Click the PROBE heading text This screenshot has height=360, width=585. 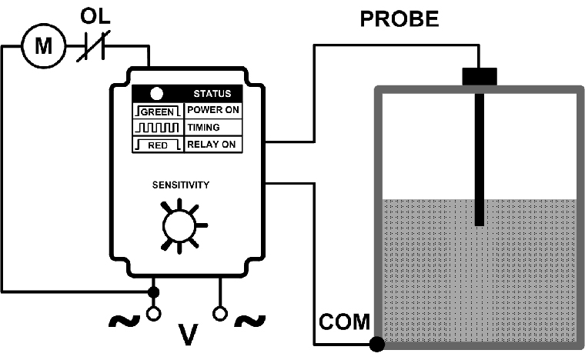(400, 18)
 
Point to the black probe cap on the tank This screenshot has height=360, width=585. (480, 76)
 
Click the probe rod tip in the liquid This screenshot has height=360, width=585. (480, 222)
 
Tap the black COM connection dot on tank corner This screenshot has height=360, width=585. (377, 343)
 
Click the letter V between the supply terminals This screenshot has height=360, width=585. (187, 334)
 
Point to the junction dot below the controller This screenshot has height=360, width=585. (152, 292)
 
